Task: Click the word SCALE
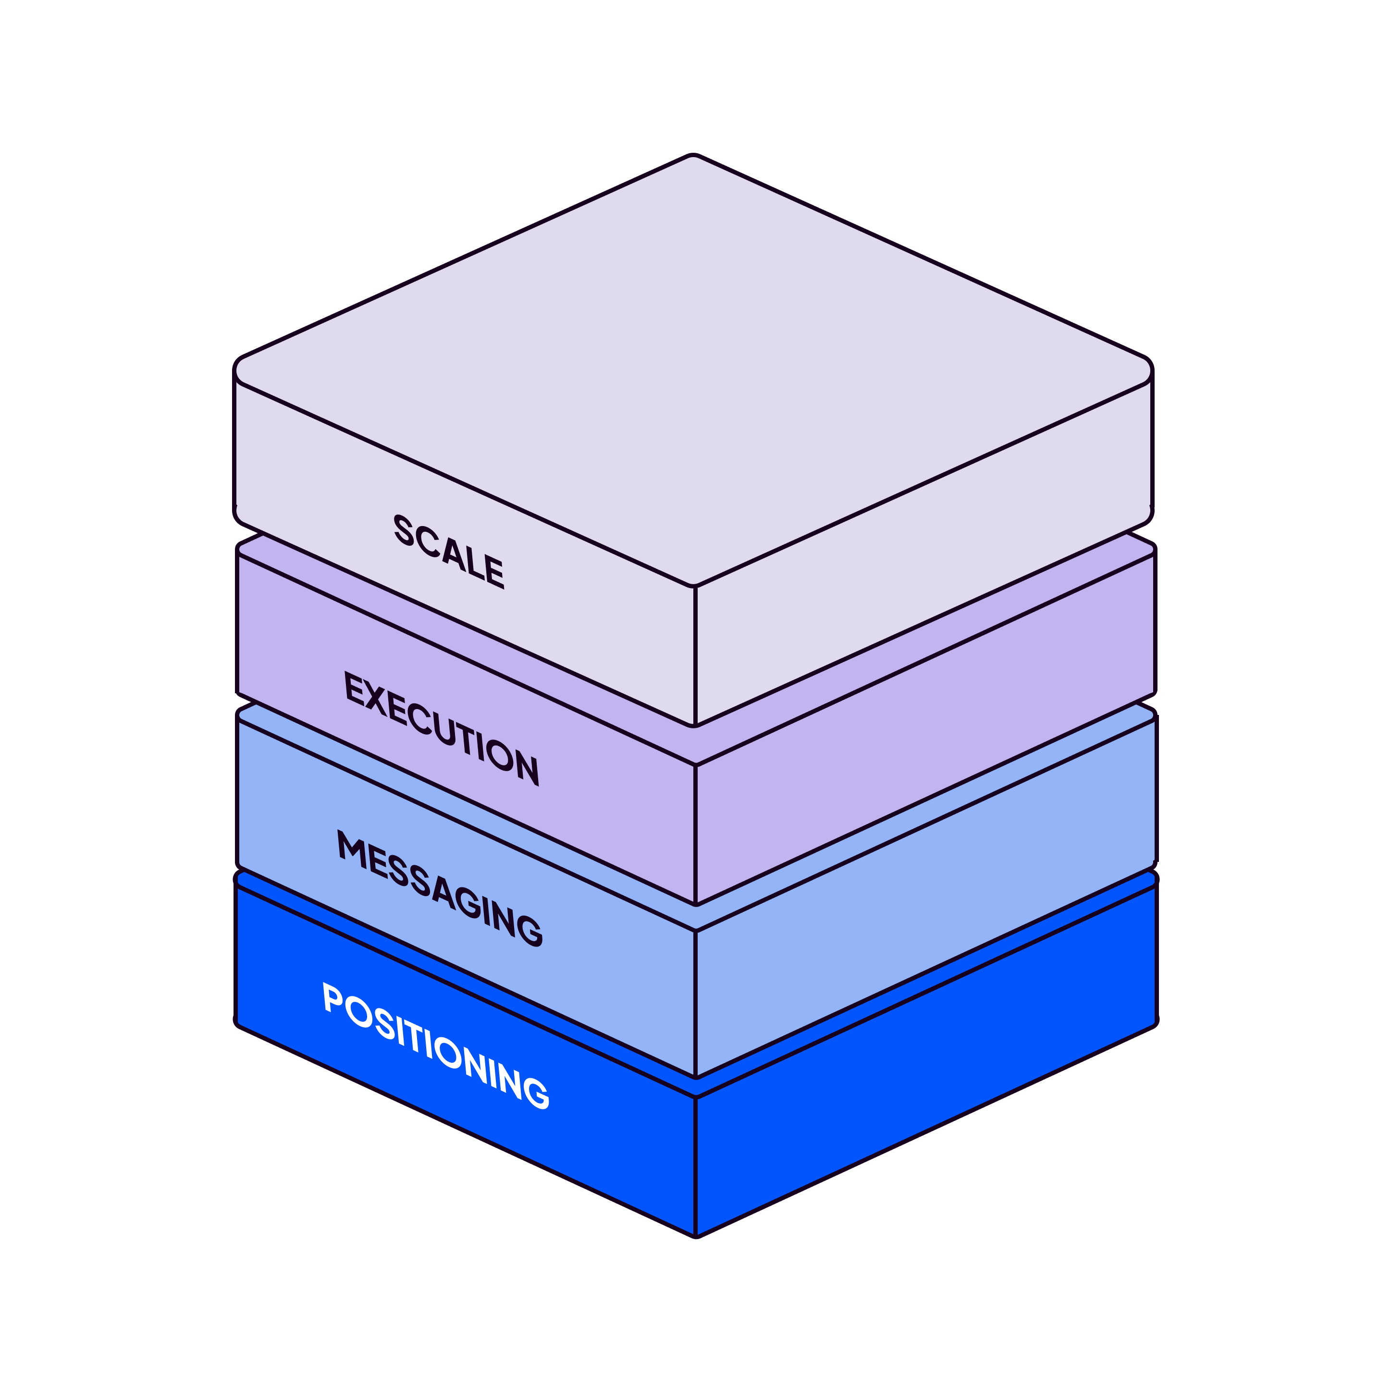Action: [x=448, y=552]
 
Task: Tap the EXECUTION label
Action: [x=441, y=728]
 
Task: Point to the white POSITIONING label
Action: [x=435, y=1045]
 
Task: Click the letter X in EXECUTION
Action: [x=377, y=698]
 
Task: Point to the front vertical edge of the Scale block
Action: [x=695, y=655]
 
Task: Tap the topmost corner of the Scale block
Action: [x=693, y=157]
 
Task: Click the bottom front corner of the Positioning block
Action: [x=696, y=1235]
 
